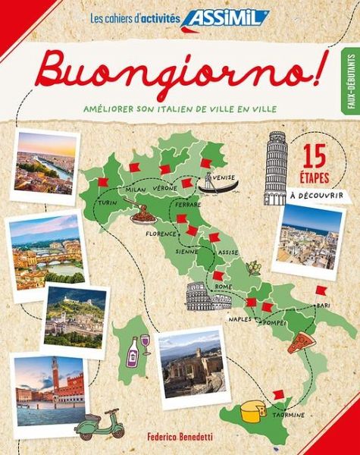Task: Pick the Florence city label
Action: [161, 234]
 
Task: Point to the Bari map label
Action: [324, 305]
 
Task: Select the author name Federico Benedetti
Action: [180, 439]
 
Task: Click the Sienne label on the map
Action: [187, 250]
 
